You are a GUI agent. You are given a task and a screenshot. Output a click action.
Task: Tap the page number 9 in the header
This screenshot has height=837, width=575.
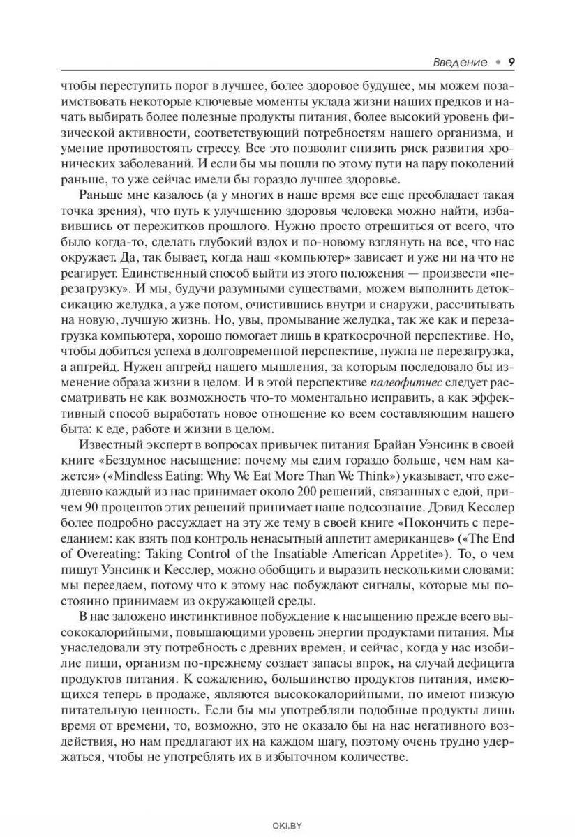[x=511, y=62]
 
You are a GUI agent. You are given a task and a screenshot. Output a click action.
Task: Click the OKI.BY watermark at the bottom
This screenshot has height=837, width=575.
[x=287, y=824]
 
